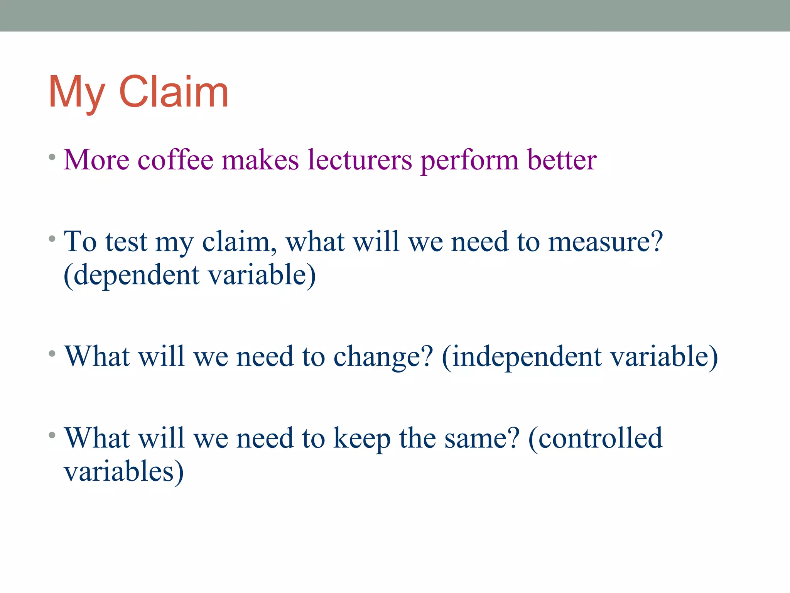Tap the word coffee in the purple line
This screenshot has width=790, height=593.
176,159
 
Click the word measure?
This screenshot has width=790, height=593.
605,242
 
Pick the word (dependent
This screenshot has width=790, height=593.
132,275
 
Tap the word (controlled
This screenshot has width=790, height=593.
595,438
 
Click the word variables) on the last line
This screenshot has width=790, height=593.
124,472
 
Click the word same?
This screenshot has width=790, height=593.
482,438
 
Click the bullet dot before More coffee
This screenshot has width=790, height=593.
52,157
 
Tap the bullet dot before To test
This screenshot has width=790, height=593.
52,239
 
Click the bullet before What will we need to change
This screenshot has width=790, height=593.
52,353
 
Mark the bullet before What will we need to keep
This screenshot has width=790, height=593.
52,435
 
